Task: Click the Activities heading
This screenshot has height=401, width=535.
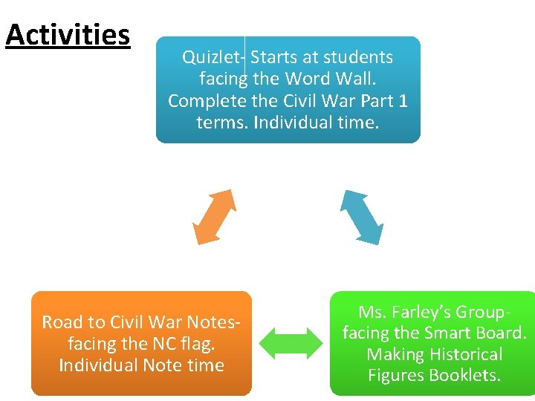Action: tap(68, 35)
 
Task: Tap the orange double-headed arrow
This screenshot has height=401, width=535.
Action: tap(214, 216)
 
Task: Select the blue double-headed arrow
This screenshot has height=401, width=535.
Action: tap(362, 216)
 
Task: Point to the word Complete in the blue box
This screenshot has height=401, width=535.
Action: tap(207, 100)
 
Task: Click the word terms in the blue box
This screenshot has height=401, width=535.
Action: tap(222, 121)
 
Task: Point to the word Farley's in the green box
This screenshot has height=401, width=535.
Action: tap(424, 312)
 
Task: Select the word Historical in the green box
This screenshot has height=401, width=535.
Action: tap(464, 354)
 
